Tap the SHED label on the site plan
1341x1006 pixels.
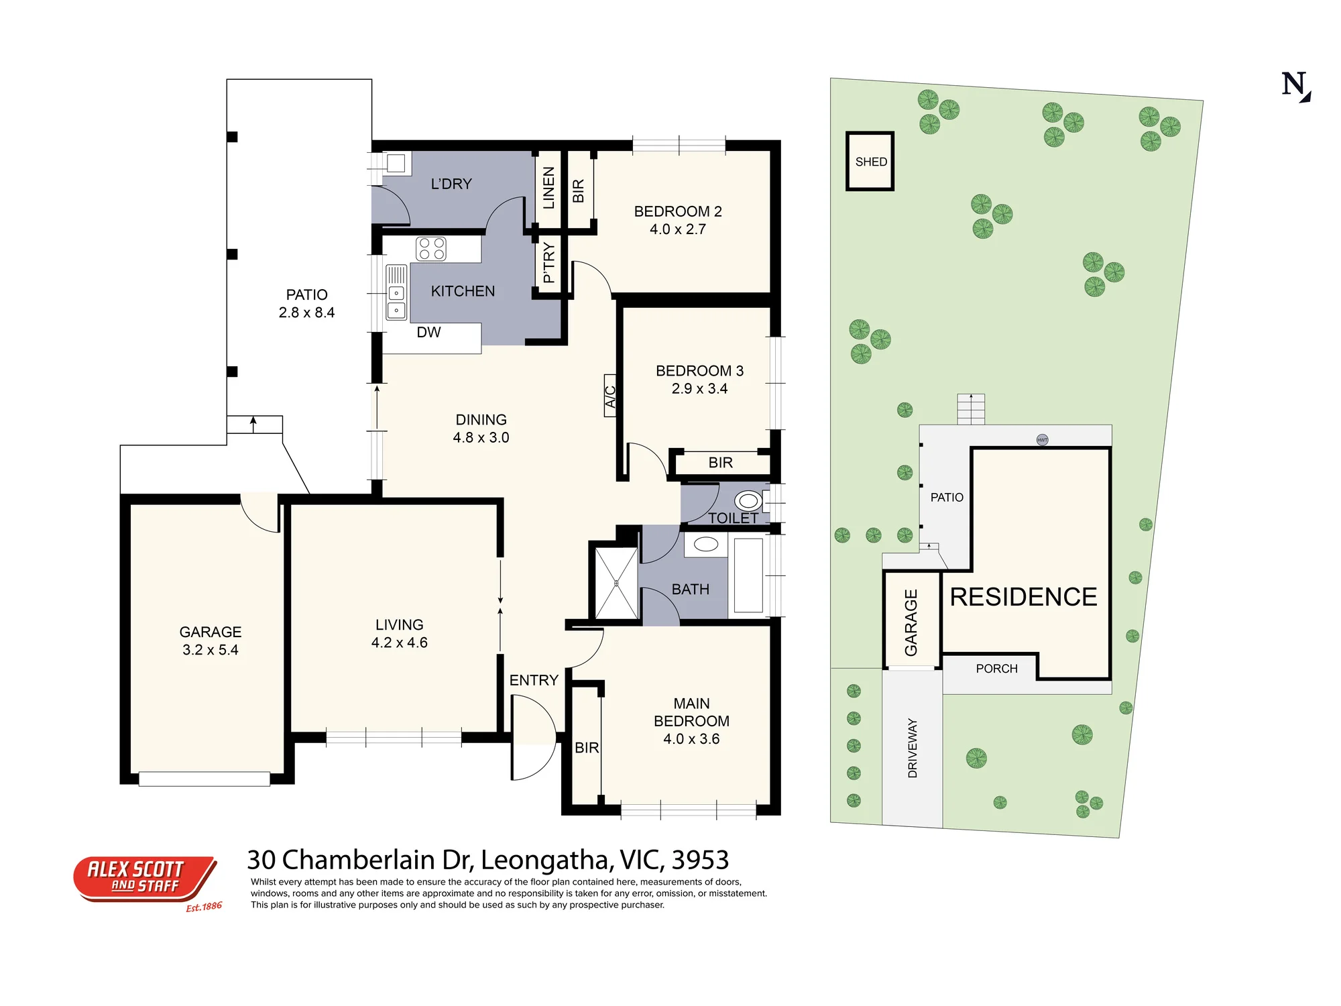click(x=871, y=162)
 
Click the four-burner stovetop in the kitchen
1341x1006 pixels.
click(x=431, y=249)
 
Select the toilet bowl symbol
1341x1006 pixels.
click(x=748, y=501)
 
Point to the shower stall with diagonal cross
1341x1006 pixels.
click(x=616, y=583)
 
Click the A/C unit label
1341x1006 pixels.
click(x=610, y=396)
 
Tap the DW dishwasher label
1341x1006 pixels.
click(x=428, y=332)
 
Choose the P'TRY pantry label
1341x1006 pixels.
click(x=548, y=262)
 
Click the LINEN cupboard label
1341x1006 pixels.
click(x=548, y=188)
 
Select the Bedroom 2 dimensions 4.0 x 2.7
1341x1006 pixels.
click(x=678, y=229)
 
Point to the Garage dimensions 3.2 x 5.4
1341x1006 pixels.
click(x=211, y=650)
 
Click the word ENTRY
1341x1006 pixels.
click(x=534, y=680)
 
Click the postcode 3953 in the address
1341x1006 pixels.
click(x=700, y=860)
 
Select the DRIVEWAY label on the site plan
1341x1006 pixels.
click(x=912, y=748)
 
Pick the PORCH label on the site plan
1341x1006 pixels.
click(x=996, y=669)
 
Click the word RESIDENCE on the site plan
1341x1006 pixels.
click(x=1024, y=597)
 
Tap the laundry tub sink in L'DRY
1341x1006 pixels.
click(x=396, y=163)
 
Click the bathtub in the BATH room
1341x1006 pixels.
click(x=748, y=575)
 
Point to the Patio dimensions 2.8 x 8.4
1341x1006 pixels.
click(x=306, y=313)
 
